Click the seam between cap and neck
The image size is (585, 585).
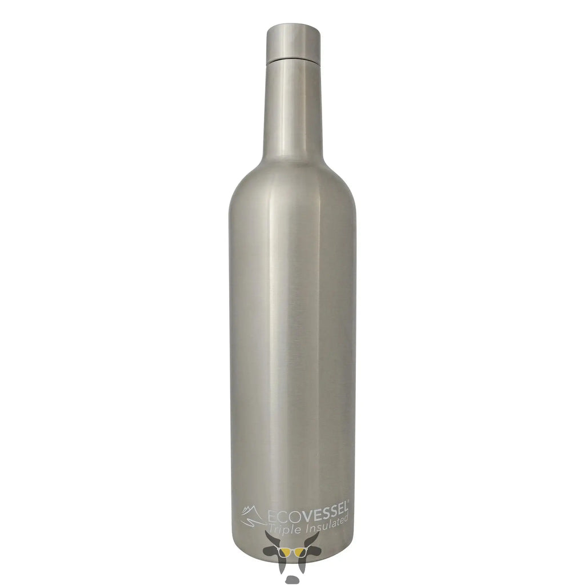pyautogui.click(x=294, y=59)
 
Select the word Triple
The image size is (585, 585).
pyautogui.click(x=283, y=528)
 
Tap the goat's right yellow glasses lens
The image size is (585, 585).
pyautogui.click(x=299, y=550)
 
